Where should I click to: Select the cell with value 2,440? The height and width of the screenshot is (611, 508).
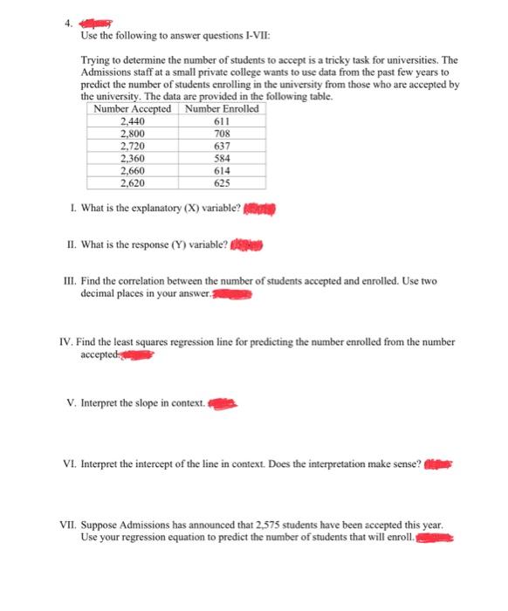[134, 122]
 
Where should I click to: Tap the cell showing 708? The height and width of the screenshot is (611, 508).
[221, 134]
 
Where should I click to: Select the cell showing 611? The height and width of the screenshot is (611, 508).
[221, 122]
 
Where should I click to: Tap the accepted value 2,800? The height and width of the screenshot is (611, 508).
[134, 134]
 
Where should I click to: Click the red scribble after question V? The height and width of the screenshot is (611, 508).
[223, 404]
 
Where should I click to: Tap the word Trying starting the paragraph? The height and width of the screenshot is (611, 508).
[83, 60]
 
